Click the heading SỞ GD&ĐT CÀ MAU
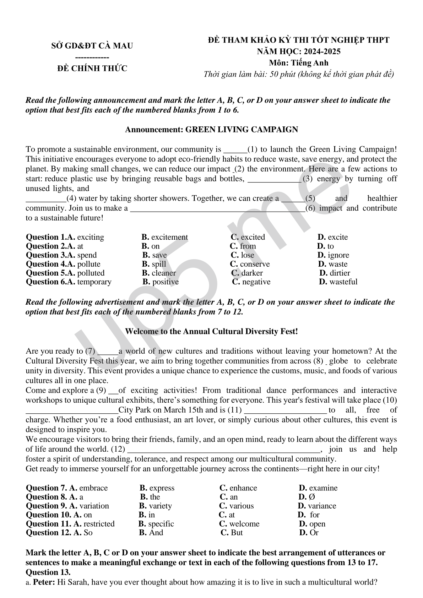click(x=92, y=46)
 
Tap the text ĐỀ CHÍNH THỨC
click(x=92, y=69)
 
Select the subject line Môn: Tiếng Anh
click(x=298, y=63)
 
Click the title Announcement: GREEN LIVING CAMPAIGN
click(x=211, y=130)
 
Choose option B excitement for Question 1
click(x=165, y=237)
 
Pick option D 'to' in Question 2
click(x=326, y=246)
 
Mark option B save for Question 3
click(x=155, y=255)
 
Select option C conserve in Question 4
click(x=250, y=264)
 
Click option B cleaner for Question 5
click(x=159, y=273)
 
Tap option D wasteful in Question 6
click(x=338, y=282)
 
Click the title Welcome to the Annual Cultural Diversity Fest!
click(x=211, y=331)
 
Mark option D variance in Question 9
click(x=317, y=506)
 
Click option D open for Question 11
click(x=313, y=524)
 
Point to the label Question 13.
click(x=48, y=572)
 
